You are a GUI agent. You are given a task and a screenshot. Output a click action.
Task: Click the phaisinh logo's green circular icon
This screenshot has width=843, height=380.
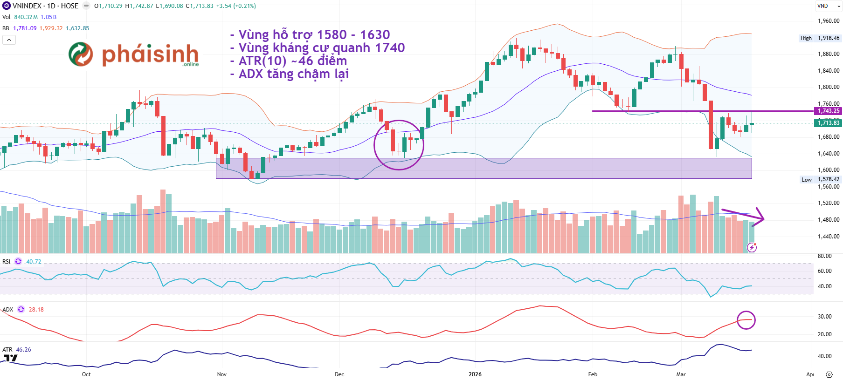click(x=81, y=54)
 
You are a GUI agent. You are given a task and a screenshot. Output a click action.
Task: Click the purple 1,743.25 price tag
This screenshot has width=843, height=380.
click(x=828, y=111)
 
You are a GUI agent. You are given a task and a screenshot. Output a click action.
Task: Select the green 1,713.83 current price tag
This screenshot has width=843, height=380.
click(x=828, y=123)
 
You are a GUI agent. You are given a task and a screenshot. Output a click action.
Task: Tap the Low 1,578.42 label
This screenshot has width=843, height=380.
click(x=820, y=179)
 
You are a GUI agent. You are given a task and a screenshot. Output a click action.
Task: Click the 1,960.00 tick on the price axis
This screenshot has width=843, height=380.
click(x=828, y=21)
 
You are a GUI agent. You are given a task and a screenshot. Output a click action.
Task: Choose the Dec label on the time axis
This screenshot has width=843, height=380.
click(x=339, y=374)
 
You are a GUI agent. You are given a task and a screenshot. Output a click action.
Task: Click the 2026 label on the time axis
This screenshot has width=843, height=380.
click(x=475, y=374)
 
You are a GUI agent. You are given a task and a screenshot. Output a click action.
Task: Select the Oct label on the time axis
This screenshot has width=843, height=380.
click(x=86, y=374)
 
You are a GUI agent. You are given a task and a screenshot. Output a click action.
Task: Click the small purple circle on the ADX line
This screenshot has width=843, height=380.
click(x=746, y=320)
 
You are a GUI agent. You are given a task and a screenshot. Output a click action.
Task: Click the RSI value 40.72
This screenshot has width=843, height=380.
click(x=34, y=262)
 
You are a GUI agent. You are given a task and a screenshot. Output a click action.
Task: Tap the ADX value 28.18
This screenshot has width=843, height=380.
click(x=36, y=310)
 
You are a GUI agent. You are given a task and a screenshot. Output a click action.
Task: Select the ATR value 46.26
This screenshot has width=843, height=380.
click(x=23, y=350)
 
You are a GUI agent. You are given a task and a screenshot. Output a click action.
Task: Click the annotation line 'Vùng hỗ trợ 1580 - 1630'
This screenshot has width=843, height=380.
click(x=313, y=35)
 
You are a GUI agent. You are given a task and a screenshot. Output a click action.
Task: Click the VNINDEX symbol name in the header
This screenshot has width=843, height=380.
click(x=27, y=6)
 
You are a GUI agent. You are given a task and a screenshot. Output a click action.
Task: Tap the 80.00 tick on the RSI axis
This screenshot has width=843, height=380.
click(x=824, y=256)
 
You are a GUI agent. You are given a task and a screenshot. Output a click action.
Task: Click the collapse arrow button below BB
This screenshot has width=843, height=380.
click(x=9, y=40)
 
